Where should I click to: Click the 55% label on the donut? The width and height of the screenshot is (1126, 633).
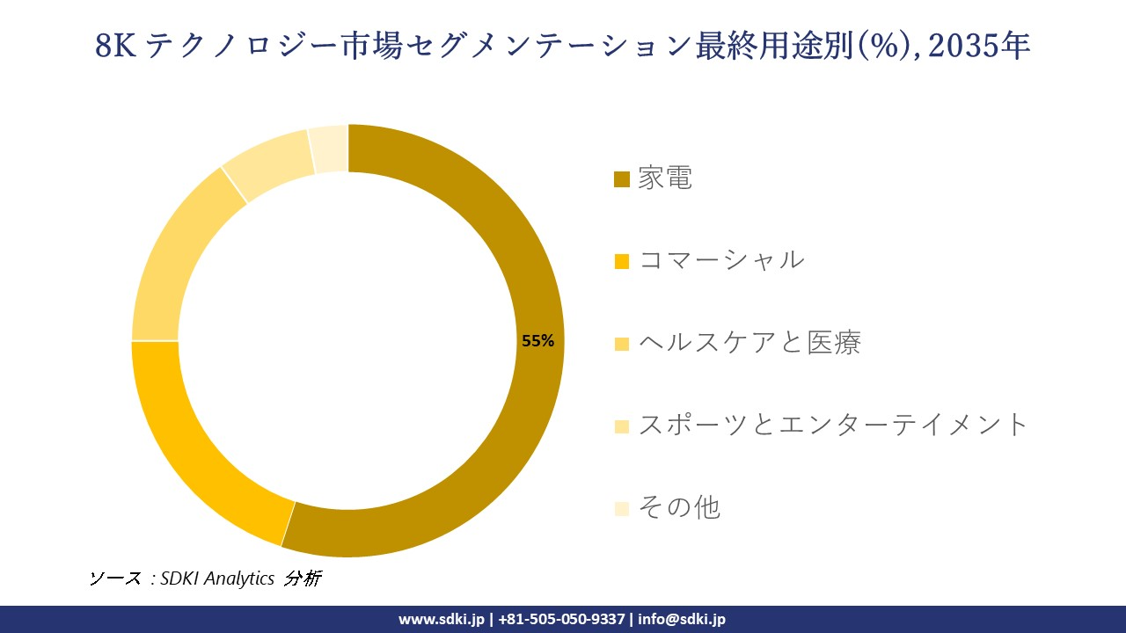point(537,341)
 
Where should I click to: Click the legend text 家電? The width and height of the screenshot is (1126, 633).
point(665,178)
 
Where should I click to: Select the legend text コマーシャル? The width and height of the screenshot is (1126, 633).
point(720,260)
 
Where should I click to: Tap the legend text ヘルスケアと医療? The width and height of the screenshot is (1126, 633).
point(749,342)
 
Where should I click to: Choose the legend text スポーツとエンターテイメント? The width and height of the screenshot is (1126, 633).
point(832,425)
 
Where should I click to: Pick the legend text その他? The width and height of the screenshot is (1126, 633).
point(679,507)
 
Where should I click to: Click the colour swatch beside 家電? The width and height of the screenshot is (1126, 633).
point(622,179)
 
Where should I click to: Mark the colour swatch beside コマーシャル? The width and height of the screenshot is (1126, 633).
point(622,261)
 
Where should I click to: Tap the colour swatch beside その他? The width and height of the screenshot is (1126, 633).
point(622,508)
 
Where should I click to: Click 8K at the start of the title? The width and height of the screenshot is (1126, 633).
point(114,47)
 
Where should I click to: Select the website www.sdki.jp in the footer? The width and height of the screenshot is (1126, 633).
point(442,619)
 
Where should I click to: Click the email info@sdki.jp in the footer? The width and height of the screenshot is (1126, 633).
point(682,619)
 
